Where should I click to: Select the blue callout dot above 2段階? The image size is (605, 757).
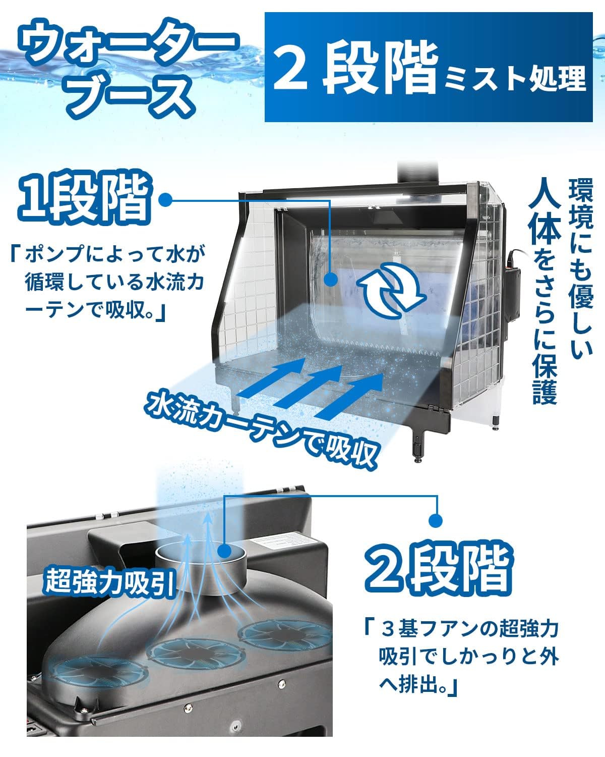(436, 519)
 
